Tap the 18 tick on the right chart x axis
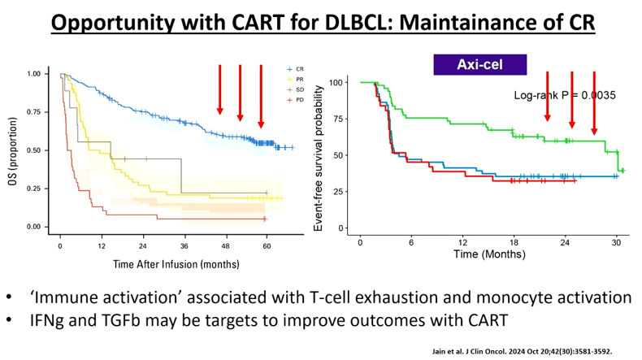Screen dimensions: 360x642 coord(513,242)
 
